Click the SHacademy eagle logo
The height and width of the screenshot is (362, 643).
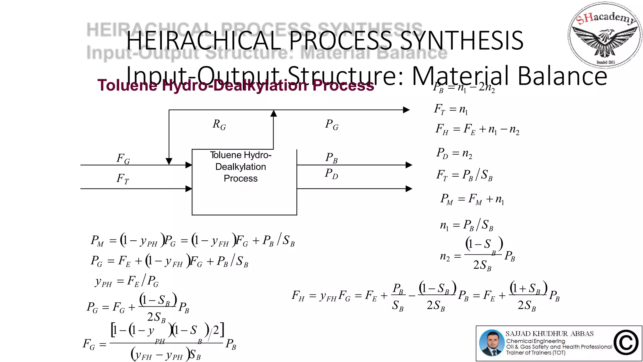(x=605, y=35)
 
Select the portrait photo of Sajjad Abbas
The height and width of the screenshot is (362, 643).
(x=492, y=343)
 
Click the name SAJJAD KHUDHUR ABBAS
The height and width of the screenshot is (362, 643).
(x=549, y=334)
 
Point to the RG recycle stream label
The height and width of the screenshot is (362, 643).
(x=219, y=125)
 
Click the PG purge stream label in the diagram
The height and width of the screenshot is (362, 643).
(x=332, y=125)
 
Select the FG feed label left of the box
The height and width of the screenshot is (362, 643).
(x=123, y=159)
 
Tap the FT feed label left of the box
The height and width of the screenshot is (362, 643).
(x=122, y=179)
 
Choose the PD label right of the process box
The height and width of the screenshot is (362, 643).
(x=331, y=174)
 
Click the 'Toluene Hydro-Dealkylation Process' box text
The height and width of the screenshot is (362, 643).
(x=240, y=167)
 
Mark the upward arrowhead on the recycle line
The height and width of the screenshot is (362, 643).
(x=273, y=113)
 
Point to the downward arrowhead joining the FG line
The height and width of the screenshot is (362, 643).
(x=169, y=162)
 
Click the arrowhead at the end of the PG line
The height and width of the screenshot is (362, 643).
(x=406, y=110)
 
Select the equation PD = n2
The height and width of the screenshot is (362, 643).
(x=454, y=153)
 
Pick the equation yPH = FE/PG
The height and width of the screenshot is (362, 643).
(x=127, y=281)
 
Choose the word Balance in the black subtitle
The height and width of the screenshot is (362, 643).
(x=562, y=76)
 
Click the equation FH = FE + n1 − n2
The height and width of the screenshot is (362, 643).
(x=477, y=129)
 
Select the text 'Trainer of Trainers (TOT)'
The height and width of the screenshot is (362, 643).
(x=536, y=353)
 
